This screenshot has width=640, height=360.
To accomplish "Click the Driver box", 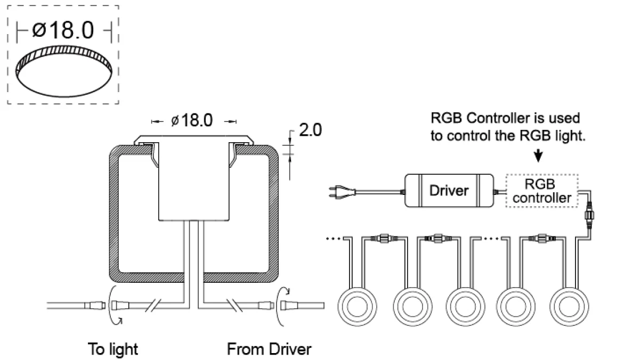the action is (x=449, y=191).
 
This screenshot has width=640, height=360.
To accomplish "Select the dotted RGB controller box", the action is (x=542, y=191).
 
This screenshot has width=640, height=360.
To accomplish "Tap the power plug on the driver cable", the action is (x=342, y=192).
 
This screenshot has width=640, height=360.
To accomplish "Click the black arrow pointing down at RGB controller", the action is (x=538, y=156).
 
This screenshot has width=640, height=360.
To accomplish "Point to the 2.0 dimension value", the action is (x=310, y=130).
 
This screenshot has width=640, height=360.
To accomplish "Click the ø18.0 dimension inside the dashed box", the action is (x=63, y=30).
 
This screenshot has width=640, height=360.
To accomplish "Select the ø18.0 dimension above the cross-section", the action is (x=192, y=120).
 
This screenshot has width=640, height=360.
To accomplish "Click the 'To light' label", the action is (x=113, y=349).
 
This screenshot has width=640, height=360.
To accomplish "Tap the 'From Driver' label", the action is (x=269, y=349).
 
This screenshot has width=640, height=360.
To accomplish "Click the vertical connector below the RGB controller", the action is (x=589, y=215).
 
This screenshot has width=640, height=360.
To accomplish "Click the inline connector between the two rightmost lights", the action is (x=542, y=238).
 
